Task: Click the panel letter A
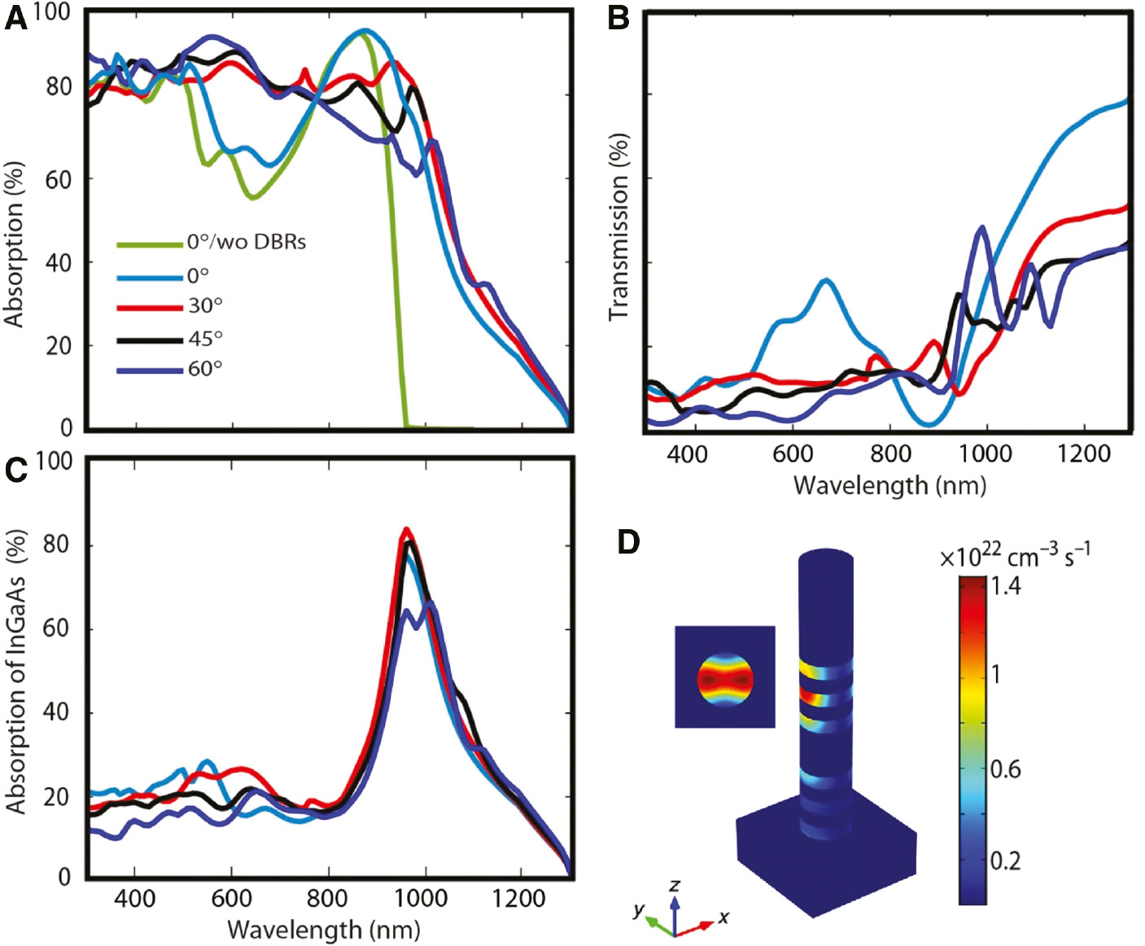[x=15, y=19]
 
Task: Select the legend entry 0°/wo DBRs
[x=246, y=242]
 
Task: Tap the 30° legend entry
[x=205, y=306]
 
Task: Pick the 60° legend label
[x=205, y=369]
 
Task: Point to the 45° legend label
[x=205, y=338]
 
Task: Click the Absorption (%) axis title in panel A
[x=15, y=244]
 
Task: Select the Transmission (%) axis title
[x=619, y=226]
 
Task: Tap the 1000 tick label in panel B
[x=985, y=453]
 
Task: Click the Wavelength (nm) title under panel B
[x=889, y=485]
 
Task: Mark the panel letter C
[x=15, y=470]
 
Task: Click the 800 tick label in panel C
[x=327, y=899]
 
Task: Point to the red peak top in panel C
[x=405, y=529]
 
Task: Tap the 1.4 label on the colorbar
[x=1006, y=585]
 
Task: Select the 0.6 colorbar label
[x=1006, y=769]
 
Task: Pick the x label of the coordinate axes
[x=723, y=918]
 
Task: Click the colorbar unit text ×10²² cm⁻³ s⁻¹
[x=1015, y=556]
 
